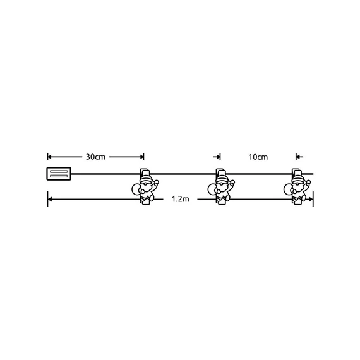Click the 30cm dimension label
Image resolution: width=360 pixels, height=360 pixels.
(x=95, y=157)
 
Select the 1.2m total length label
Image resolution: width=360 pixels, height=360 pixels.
(x=180, y=200)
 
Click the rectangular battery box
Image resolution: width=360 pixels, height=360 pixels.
(x=59, y=173)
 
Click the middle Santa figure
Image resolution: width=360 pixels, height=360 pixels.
(x=221, y=187)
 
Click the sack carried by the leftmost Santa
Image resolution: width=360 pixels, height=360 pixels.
(x=135, y=188)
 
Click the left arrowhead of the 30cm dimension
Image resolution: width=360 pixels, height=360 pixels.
(x=50, y=157)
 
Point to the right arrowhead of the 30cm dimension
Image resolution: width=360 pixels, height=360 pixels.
(x=141, y=157)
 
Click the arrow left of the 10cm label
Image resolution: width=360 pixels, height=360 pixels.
(x=217, y=157)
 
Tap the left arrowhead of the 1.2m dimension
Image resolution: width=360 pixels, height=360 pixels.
(x=50, y=200)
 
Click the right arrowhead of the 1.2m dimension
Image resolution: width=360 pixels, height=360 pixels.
(x=311, y=200)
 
